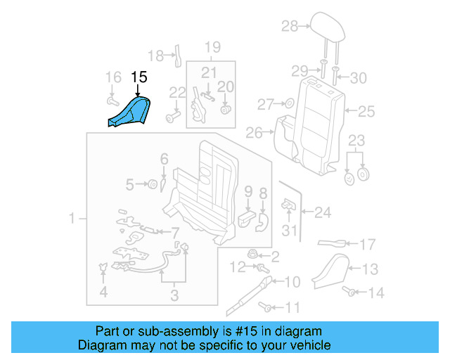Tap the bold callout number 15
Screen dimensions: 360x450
139,77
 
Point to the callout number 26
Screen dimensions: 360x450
254,132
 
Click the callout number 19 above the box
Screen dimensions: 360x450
212,48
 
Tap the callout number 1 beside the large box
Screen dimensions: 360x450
72,220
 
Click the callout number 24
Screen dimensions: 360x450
323,211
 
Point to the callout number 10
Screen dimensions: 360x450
292,282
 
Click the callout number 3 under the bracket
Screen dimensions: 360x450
174,295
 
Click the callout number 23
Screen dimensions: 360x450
357,140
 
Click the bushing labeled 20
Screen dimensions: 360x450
226,108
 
